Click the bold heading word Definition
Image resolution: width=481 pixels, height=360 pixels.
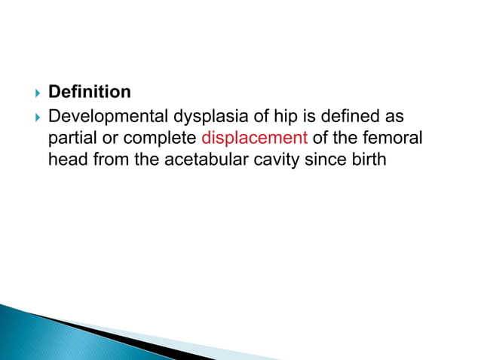click(x=89, y=92)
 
